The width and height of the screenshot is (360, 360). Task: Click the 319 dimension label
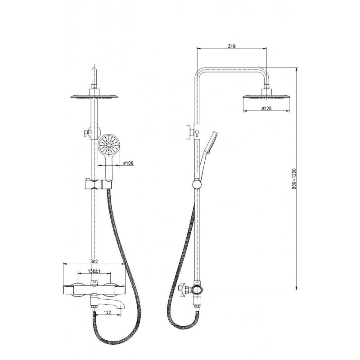(x=232, y=46)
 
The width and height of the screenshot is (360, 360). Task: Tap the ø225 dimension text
(x=266, y=108)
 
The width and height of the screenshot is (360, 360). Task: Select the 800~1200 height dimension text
(x=294, y=179)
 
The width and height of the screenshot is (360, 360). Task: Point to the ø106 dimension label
(x=128, y=163)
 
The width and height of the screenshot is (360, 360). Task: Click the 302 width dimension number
(x=94, y=261)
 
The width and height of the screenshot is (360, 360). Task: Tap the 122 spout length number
(x=107, y=312)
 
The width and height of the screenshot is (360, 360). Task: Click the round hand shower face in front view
(x=109, y=145)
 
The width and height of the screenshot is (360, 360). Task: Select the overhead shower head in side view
(x=266, y=96)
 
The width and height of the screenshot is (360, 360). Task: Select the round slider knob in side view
(x=197, y=184)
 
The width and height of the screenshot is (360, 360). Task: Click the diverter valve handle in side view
(x=189, y=132)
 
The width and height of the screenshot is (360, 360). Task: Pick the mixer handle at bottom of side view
(x=184, y=289)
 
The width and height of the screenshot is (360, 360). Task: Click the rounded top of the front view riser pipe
(x=94, y=70)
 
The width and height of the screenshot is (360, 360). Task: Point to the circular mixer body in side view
(x=197, y=290)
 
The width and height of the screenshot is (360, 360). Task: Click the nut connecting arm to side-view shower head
(x=266, y=86)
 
